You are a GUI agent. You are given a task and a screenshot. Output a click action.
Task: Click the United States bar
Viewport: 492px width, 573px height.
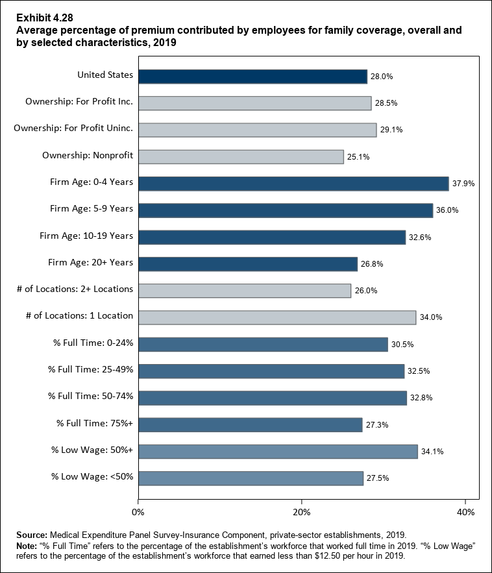pos(253,76)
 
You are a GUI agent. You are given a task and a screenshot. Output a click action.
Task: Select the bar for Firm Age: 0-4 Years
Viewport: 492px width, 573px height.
pos(293,184)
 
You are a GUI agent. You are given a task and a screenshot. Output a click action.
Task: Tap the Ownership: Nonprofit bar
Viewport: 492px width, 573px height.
pos(241,156)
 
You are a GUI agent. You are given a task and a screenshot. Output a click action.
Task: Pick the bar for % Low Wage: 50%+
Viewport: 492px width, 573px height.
pos(278,451)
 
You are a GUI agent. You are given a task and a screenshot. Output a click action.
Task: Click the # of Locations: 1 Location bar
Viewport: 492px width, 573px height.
pos(277,317)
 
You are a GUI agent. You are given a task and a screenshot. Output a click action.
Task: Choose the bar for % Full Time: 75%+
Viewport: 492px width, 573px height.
pos(251,424)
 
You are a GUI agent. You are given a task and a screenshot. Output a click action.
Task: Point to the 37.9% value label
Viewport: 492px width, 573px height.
pos(463,184)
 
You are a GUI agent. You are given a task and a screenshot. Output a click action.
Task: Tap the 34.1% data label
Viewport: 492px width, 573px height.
pos(432,452)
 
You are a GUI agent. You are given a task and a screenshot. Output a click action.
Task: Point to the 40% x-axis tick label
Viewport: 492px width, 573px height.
pos(465,513)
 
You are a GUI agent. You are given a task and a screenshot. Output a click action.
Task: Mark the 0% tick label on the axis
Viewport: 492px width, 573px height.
pos(138,513)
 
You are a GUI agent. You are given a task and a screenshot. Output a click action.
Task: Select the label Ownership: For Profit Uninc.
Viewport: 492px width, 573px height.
pos(73,128)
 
